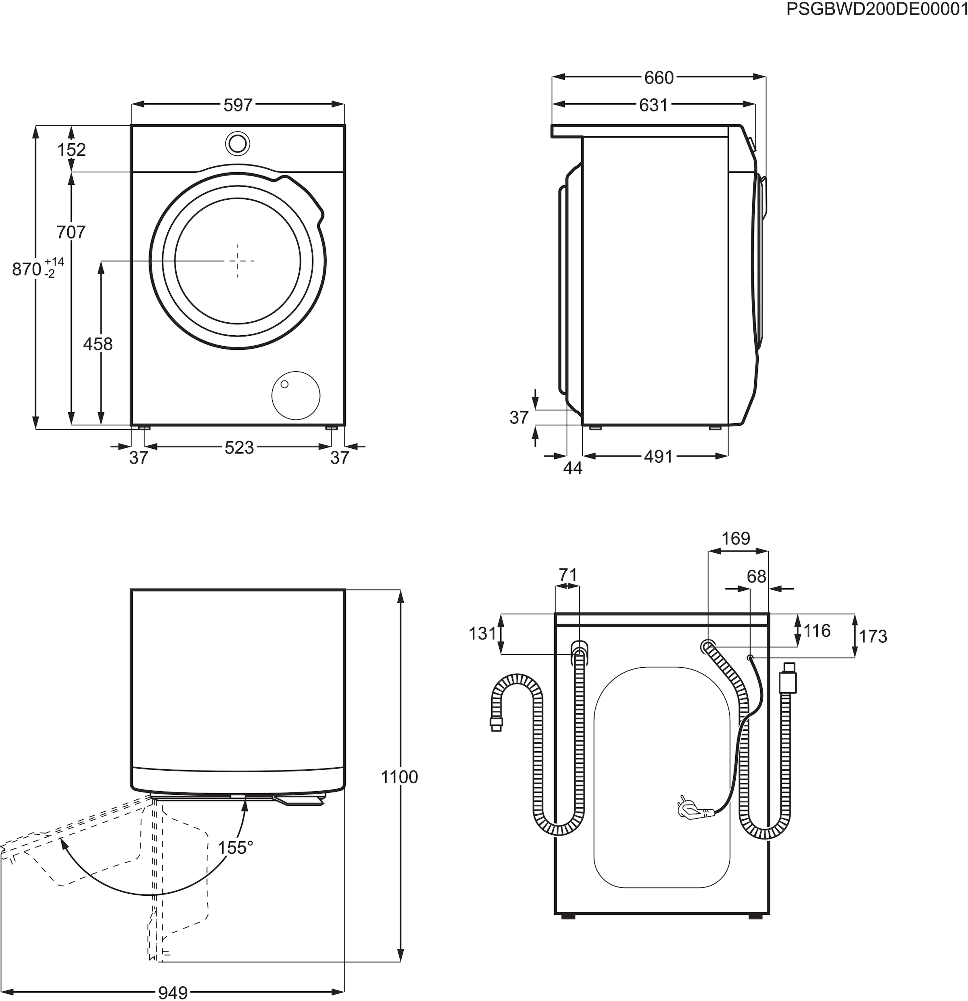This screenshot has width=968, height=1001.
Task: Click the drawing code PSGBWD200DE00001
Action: pyautogui.click(x=876, y=9)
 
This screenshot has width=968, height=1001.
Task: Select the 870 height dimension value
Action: pyautogui.click(x=27, y=269)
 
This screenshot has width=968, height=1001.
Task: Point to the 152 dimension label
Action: pyautogui.click(x=71, y=150)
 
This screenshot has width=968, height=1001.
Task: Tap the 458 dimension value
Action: pyautogui.click(x=98, y=344)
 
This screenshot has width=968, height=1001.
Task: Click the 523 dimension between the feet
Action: pyautogui.click(x=239, y=448)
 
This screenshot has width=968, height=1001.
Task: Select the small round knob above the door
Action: pyautogui.click(x=238, y=144)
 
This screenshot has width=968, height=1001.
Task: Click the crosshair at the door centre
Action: pyautogui.click(x=238, y=261)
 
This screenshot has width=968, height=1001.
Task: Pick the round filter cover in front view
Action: pyautogui.click(x=296, y=395)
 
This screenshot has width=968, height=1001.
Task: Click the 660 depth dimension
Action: pyautogui.click(x=659, y=77)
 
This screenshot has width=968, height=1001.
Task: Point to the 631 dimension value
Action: pyautogui.click(x=653, y=105)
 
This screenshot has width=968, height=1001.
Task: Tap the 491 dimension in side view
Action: pyautogui.click(x=658, y=457)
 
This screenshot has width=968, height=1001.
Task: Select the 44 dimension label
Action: pyautogui.click(x=573, y=468)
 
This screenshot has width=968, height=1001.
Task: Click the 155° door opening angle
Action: pyautogui.click(x=236, y=848)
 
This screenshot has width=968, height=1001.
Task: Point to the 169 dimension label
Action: pyautogui.click(x=736, y=539)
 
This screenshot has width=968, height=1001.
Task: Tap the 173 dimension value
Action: pyautogui.click(x=873, y=637)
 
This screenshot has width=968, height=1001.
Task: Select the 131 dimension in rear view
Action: pyautogui.click(x=482, y=634)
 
